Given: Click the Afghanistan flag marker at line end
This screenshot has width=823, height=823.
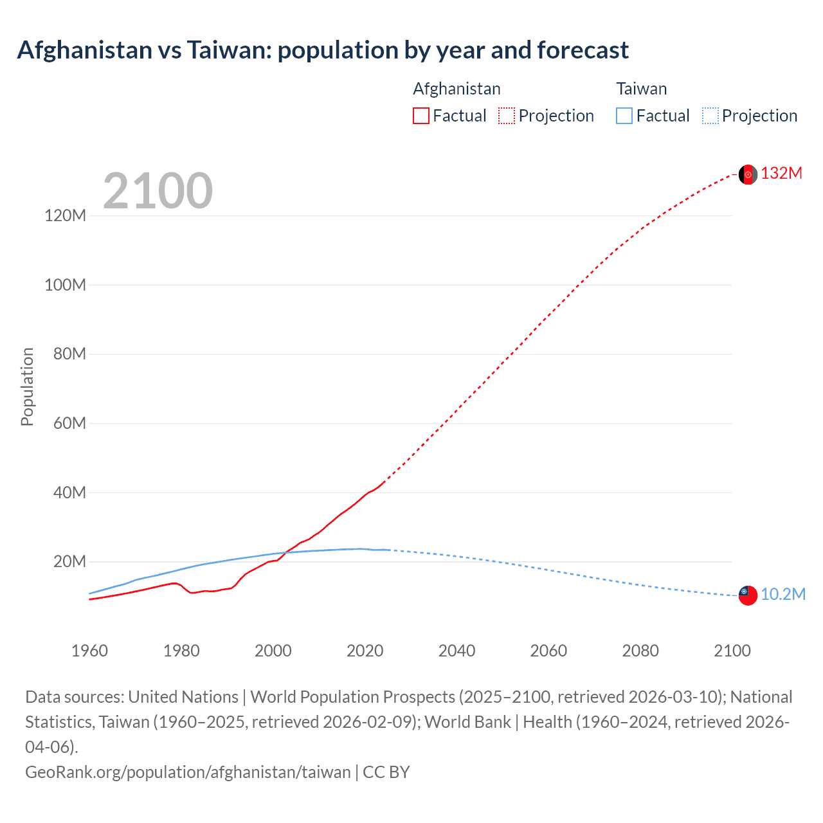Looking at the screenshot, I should (748, 174).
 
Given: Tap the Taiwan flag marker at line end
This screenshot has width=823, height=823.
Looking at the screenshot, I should (748, 595).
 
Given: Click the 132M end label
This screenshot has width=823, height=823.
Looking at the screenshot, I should (781, 174).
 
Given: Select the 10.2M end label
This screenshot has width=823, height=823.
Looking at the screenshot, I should (782, 595).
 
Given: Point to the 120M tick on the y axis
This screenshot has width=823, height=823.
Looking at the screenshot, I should (65, 215).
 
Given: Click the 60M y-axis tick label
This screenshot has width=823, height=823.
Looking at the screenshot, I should (65, 423).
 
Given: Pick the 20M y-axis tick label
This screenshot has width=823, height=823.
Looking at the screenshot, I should (69, 562).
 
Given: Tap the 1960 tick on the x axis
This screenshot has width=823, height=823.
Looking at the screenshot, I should (89, 651).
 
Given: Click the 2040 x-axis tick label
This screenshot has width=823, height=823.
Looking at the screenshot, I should (457, 651).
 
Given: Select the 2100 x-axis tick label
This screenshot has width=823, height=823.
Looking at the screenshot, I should (732, 651).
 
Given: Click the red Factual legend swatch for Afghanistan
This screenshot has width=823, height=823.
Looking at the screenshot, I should (421, 116).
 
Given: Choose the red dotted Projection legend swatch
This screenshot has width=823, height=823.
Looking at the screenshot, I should (507, 116).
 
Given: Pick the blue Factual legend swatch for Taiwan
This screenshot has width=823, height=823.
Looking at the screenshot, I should (624, 116).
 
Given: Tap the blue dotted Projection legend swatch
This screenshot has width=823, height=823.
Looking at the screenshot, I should (710, 116).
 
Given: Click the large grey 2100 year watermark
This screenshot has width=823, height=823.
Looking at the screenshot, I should (158, 191).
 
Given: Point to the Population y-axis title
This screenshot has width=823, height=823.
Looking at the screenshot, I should (27, 386).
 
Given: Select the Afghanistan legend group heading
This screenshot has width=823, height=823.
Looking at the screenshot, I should (457, 89).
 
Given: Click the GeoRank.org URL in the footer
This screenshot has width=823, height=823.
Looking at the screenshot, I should (188, 772).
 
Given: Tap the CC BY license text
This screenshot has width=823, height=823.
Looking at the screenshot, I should (386, 772).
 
